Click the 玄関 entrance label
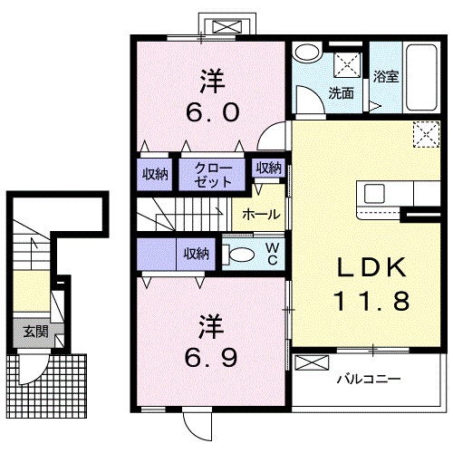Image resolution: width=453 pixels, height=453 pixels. coord(36,332)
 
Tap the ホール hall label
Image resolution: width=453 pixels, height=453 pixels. coord(262,215)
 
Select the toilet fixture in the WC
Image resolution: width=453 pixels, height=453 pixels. coord(238,255)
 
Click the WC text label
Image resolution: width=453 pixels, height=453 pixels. coord(273,254)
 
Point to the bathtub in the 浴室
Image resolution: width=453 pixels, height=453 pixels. coord(421,78)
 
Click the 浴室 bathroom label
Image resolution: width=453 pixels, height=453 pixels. coord(386,76)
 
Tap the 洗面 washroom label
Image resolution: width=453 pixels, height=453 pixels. coord(342,93)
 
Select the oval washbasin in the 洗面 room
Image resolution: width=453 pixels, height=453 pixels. coord(307,53)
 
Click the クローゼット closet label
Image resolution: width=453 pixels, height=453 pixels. coord(213,175)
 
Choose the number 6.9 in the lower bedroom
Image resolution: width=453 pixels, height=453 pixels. coord(211,358)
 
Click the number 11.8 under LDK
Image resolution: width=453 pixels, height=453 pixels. coord(371,301)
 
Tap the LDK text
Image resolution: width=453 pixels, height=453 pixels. coord(372,267)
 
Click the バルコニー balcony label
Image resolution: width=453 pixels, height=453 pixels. coord(369,379)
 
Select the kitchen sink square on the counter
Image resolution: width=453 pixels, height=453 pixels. coord(374,194)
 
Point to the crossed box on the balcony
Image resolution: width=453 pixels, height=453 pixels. coord(312,362)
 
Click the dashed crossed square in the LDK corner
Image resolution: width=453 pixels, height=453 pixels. coord(426,134)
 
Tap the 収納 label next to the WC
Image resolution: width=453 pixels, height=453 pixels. coord(197,254)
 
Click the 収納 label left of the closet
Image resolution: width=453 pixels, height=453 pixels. coord(155,174)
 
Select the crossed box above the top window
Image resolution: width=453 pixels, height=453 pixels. coord(227,26)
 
